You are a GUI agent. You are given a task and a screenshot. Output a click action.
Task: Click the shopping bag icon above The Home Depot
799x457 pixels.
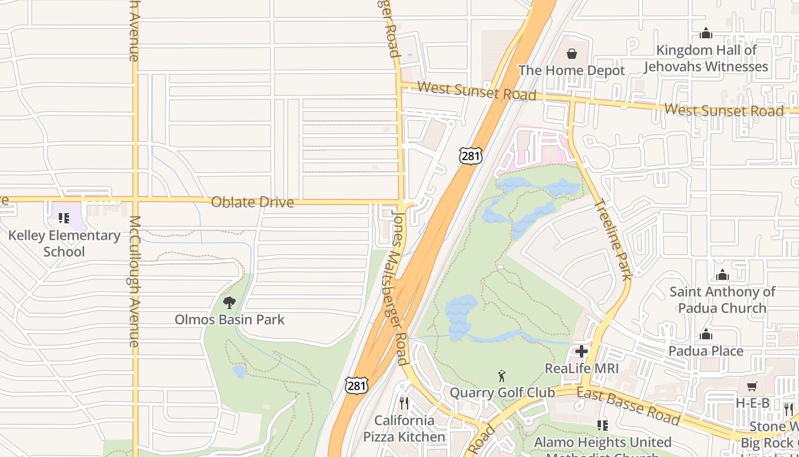(571, 54)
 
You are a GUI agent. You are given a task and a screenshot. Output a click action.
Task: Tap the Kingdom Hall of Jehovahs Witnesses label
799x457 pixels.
(706, 58)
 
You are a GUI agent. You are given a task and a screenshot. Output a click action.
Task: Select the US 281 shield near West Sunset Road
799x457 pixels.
(470, 155)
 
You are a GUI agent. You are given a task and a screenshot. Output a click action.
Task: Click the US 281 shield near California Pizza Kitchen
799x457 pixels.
(356, 386)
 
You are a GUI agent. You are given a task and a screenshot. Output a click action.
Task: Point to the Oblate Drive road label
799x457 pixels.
(252, 202)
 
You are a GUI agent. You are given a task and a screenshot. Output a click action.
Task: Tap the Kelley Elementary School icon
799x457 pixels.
(64, 218)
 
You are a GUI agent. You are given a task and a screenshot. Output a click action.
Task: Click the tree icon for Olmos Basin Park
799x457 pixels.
(229, 302)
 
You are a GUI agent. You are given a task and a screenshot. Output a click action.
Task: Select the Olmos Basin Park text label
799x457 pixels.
(229, 319)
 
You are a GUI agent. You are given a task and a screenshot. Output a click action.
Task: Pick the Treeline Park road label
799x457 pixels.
(613, 239)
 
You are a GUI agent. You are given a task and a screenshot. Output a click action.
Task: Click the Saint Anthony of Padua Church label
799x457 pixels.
(722, 300)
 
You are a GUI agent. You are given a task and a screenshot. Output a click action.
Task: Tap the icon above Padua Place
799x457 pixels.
(706, 334)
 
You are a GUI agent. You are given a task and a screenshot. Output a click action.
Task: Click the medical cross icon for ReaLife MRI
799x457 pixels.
(582, 351)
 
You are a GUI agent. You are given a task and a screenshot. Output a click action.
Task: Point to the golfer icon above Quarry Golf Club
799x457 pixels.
(502, 376)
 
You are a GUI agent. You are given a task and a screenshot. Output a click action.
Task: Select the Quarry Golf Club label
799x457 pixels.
(502, 393)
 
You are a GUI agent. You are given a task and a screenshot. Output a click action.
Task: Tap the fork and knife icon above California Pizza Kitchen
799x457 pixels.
(404, 403)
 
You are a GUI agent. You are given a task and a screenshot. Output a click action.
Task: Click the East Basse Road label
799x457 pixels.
(628, 406)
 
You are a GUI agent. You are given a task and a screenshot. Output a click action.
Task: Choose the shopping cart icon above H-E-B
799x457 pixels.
(752, 387)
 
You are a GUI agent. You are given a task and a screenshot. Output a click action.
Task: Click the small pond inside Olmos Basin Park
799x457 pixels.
(239, 371)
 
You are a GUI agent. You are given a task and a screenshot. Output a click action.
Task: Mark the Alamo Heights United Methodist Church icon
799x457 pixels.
(602, 425)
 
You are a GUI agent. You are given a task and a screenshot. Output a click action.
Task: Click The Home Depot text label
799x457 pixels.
(571, 71)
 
